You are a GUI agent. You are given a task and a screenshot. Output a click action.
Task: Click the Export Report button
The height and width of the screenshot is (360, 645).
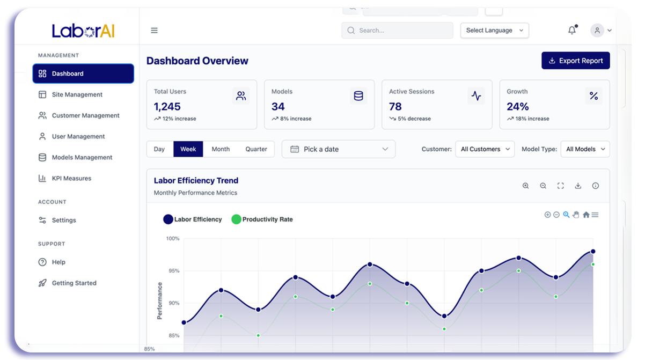(x=575, y=61)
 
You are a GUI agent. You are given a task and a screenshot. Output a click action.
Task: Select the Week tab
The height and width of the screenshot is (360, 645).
(x=188, y=149)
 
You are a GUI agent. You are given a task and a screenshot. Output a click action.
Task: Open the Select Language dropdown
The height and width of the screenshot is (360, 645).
(x=494, y=30)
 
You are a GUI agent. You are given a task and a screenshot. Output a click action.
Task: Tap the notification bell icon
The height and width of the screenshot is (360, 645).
(x=572, y=30)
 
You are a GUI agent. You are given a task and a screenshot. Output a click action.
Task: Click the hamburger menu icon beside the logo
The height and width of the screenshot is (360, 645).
(x=154, y=30)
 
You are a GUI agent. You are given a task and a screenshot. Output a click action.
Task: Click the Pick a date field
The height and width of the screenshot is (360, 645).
(x=339, y=149)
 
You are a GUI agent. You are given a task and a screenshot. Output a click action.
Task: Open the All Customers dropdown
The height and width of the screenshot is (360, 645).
(x=485, y=149)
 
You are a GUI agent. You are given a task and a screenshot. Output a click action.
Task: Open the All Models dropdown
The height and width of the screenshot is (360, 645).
(x=585, y=149)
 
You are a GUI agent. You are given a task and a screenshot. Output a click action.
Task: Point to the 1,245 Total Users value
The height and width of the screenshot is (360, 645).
(x=167, y=107)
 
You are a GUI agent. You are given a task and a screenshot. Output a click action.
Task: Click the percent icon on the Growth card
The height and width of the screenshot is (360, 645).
(x=593, y=95)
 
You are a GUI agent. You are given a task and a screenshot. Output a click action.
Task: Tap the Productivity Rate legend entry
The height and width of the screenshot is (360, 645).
(x=262, y=219)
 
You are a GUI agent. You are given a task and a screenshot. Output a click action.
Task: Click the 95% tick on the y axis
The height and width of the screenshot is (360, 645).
(x=174, y=271)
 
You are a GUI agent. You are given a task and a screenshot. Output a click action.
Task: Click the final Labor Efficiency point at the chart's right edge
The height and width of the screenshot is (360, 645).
(x=593, y=252)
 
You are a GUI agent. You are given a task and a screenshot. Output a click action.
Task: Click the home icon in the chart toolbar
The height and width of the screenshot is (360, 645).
(x=586, y=215)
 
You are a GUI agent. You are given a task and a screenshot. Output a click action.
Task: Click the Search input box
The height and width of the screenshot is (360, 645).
(x=398, y=30)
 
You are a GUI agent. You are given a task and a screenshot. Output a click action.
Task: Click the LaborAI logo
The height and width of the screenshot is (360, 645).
(x=83, y=31)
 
